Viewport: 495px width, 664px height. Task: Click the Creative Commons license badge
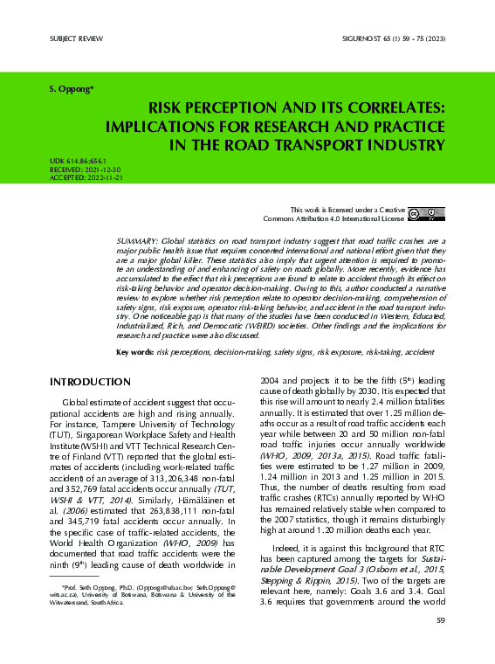pyautogui.click(x=426, y=213)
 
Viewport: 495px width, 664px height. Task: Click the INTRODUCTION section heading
pyautogui.click(x=90, y=383)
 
